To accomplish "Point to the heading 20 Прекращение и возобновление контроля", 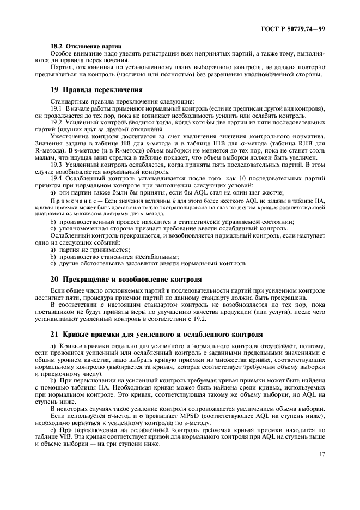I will tap(125, 279).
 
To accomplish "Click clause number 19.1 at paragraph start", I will tap(56, 110).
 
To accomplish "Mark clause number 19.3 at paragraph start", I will tap(56, 163).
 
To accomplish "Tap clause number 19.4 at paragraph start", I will tap(56, 179).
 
